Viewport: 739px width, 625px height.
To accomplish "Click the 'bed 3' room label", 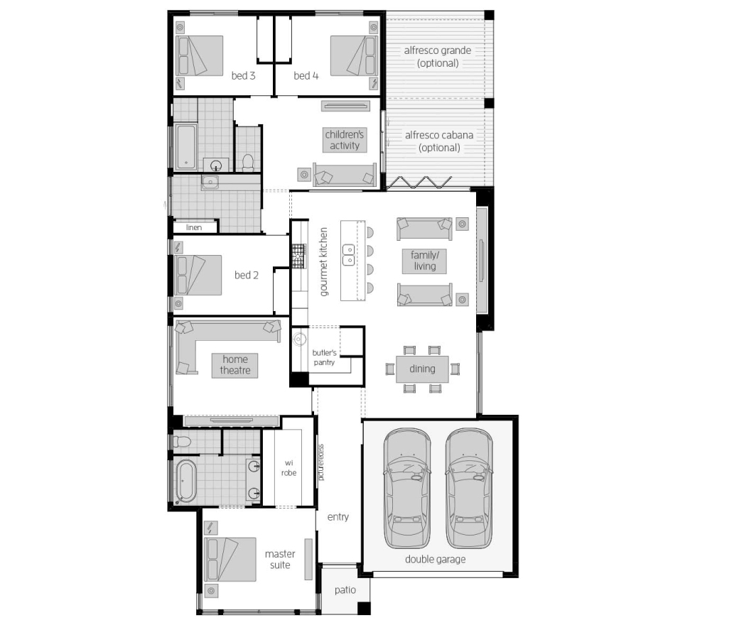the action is point(243,75).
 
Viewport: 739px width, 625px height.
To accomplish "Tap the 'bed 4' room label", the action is point(306,75).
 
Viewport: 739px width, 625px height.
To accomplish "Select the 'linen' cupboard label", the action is point(194,227).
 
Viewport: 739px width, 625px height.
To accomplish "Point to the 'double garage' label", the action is point(435,559).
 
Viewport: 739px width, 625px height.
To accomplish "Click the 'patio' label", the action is point(345,589).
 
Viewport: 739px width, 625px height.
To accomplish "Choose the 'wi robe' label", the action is point(289,468).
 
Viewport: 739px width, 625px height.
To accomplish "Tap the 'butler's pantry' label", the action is point(324,357).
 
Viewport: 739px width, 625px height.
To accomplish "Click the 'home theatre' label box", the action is point(234,365).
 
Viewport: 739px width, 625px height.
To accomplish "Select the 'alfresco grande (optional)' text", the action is point(438,57).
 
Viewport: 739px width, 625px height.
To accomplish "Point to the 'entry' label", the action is point(338,516).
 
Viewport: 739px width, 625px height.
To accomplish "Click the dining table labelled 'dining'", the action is point(422,369).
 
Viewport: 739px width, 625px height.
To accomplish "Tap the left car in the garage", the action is point(406,488).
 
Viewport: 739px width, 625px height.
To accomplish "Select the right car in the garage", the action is point(469,488).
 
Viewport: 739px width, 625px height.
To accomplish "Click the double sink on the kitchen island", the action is point(348,255).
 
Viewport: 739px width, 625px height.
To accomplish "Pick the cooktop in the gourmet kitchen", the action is point(299,256).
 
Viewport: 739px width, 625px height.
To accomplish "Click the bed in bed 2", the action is point(198,275).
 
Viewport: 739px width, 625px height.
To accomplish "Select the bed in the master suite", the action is point(230,559).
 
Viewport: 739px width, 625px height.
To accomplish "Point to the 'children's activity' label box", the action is point(345,140).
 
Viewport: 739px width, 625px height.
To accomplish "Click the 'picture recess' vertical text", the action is point(321,462).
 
